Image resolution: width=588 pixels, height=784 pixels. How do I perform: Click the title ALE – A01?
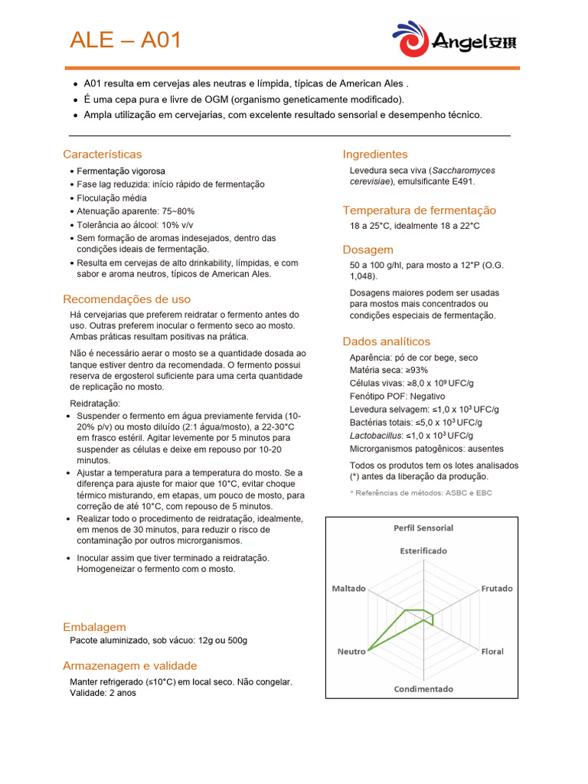tap(126, 40)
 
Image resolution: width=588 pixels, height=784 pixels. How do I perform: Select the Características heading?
tap(103, 154)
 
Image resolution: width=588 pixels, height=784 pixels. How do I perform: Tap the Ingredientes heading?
tap(375, 154)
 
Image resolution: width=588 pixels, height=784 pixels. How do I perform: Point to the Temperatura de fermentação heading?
tap(420, 210)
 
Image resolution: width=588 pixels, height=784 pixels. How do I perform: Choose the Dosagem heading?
tap(368, 249)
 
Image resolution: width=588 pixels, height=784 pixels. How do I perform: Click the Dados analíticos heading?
tap(387, 341)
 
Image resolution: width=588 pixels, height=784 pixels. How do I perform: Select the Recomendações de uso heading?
tap(127, 299)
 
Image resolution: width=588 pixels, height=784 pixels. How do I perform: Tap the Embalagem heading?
tap(95, 626)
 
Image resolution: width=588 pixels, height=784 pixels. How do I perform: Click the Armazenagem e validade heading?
tap(130, 665)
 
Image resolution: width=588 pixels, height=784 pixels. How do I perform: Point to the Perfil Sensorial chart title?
tap(423, 528)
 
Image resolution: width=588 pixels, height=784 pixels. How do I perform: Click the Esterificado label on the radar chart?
tap(423, 550)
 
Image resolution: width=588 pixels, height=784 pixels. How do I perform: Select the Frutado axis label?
tap(497, 589)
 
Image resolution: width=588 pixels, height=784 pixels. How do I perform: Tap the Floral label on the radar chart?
tap(492, 652)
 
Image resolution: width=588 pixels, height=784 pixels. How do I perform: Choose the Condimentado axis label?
tap(423, 688)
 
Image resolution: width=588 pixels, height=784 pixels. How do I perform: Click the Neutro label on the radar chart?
tap(351, 652)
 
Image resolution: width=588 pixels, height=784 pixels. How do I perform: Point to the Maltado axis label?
tap(348, 589)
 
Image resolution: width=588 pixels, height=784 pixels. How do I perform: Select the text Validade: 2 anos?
tap(104, 693)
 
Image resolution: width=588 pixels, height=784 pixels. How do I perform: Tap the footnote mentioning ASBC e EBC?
tap(421, 493)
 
